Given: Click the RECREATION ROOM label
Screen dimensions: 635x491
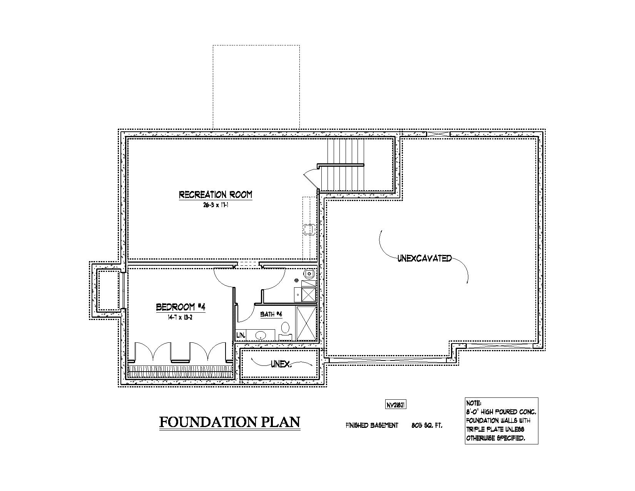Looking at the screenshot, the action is click(x=216, y=194).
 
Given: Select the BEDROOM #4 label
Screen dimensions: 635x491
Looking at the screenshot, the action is click(x=180, y=307).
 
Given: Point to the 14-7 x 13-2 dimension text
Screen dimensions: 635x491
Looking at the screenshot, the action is click(x=180, y=317).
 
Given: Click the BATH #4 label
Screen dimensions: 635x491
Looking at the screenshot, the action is click(x=271, y=314).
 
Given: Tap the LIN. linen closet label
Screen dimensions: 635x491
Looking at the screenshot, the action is click(x=241, y=335).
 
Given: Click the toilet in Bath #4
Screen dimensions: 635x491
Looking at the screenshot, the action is click(x=285, y=329).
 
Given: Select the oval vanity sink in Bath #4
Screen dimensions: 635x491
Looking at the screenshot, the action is click(x=261, y=335).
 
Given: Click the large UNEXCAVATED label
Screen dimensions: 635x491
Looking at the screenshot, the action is click(x=424, y=258).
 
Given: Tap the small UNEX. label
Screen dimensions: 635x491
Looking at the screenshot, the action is click(x=281, y=364).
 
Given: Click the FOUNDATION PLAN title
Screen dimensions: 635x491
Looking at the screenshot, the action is click(x=230, y=422).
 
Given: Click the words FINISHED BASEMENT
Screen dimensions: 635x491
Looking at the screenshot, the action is click(x=372, y=426).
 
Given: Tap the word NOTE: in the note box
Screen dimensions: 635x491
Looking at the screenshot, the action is click(x=474, y=403).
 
